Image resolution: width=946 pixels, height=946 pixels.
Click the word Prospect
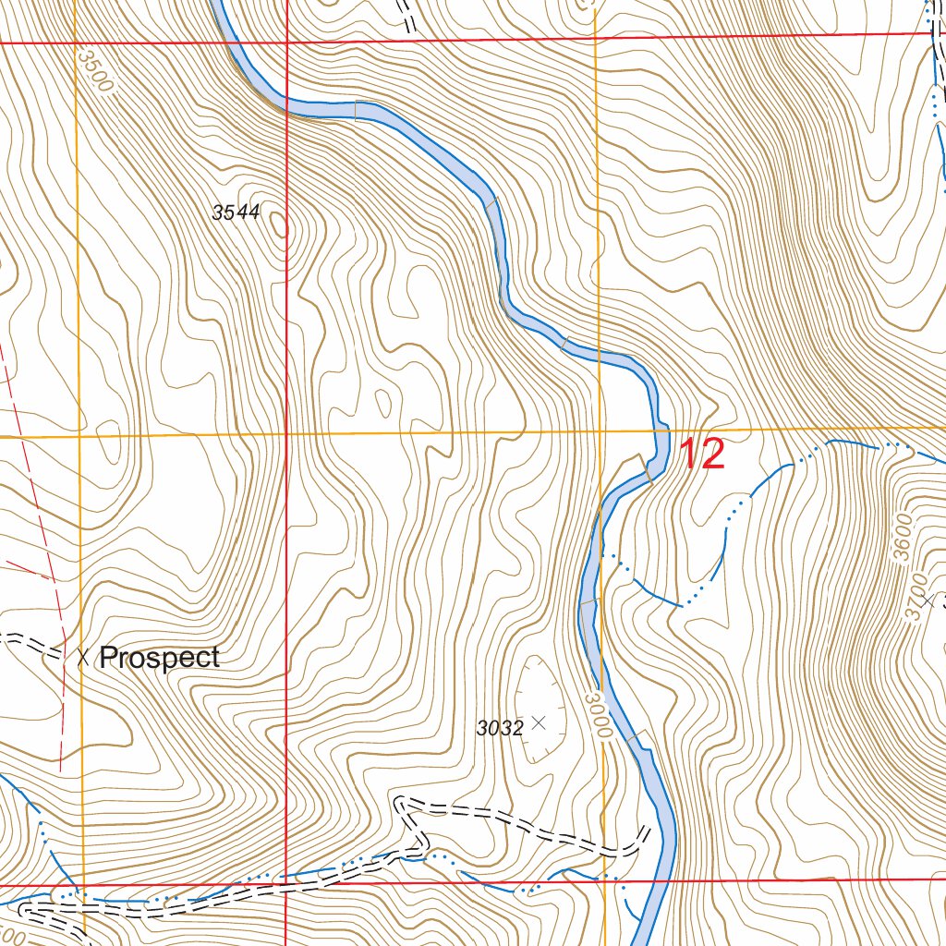159,658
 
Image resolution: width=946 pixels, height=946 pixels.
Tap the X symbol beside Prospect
84,658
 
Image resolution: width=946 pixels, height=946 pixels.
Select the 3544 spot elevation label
236,212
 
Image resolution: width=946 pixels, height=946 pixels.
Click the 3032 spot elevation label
500,728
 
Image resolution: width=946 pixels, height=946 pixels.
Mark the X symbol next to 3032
540,722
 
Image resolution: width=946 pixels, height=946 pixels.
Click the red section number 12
702,455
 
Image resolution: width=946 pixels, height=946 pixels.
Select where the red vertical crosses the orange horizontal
286,434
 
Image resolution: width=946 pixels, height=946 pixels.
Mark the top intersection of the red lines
286,42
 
